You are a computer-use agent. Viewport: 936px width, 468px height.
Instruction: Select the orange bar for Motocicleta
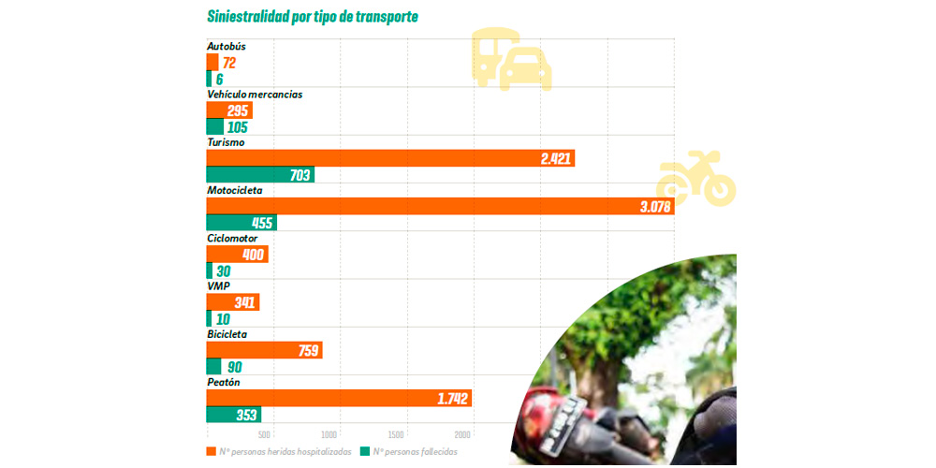[440, 206]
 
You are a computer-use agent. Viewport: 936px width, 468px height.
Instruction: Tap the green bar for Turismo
[260, 175]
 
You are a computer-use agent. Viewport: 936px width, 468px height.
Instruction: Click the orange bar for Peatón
[338, 398]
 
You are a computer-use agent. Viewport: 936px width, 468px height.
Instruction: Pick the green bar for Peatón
[233, 415]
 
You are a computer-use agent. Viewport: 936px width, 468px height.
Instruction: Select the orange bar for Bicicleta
[264, 350]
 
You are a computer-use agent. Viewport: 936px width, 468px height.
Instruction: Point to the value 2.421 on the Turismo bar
[555, 158]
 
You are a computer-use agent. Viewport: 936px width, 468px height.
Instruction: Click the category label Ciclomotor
[232, 238]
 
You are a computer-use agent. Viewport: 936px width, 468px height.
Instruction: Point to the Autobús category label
[228, 47]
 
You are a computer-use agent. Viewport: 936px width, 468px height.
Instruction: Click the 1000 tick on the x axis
[329, 434]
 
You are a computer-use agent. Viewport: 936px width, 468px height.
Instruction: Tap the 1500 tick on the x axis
[396, 434]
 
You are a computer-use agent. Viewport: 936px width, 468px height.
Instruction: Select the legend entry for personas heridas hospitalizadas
[281, 452]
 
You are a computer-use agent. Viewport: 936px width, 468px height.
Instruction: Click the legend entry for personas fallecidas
[413, 452]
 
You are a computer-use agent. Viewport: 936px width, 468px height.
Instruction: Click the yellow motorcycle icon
[696, 178]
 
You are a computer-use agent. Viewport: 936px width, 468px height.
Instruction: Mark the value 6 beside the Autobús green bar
[219, 80]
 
